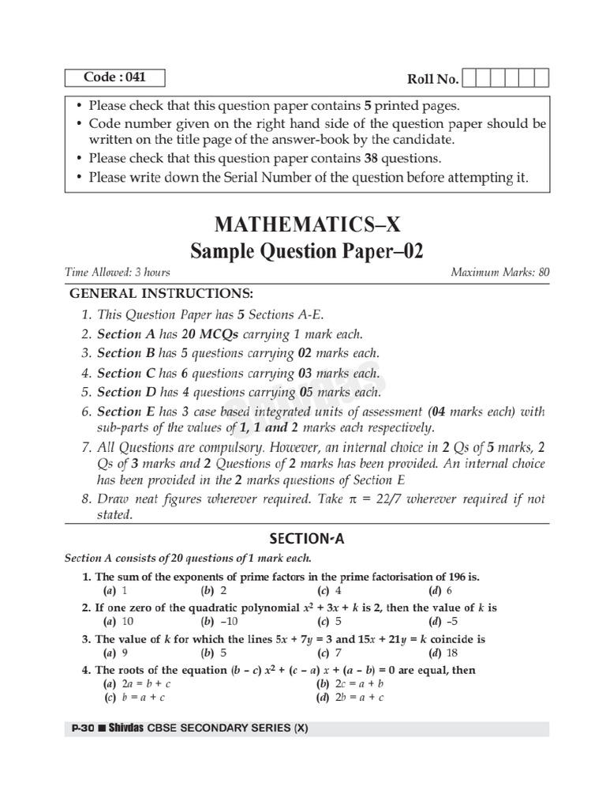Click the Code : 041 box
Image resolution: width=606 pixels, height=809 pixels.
coord(115,77)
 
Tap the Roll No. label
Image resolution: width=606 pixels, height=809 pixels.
coord(432,79)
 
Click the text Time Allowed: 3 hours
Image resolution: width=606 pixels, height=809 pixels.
coord(118,273)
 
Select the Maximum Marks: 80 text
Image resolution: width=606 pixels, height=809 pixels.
coord(499,273)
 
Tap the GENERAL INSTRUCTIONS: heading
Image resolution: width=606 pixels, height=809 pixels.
coord(162,293)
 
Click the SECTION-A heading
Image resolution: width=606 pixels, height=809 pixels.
coord(307,540)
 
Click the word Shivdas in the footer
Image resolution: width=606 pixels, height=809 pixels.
coord(125,729)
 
